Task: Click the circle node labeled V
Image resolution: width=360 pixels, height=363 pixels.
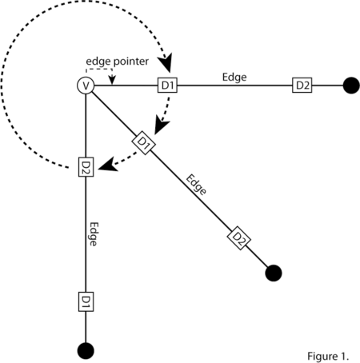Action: [x=86, y=86]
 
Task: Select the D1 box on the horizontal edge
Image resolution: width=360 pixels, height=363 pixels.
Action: [x=167, y=86]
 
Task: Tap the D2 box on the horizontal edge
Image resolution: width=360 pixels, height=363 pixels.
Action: [x=302, y=86]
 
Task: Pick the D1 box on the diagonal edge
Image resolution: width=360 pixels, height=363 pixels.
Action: [x=144, y=143]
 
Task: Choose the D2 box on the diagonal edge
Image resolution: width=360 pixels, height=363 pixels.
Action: [x=239, y=238]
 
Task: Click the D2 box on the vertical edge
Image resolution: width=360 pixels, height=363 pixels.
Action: [x=86, y=167]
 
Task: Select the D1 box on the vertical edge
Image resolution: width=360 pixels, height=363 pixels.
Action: [x=86, y=301]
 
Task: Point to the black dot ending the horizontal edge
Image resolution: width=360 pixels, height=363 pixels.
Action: [x=351, y=86]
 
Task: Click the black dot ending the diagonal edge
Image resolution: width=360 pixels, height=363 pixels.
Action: [x=274, y=273]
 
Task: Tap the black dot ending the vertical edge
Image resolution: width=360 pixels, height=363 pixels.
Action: [x=86, y=351]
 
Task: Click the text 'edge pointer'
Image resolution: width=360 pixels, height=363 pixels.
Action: [x=117, y=62]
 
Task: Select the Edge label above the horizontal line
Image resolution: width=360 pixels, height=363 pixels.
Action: [x=234, y=78]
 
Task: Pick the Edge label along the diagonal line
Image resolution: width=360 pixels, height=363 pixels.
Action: [x=196, y=185]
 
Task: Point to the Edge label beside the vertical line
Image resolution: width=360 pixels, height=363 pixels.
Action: [x=94, y=234]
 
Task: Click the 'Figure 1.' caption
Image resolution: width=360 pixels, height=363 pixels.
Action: [x=328, y=357]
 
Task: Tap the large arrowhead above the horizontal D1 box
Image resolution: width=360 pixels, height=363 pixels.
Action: [x=166, y=63]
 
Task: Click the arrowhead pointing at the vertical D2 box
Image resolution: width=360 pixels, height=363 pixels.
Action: [x=108, y=165]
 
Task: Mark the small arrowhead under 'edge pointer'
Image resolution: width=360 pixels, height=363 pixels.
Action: [x=112, y=80]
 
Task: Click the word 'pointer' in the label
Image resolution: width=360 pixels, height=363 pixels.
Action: [x=131, y=62]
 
